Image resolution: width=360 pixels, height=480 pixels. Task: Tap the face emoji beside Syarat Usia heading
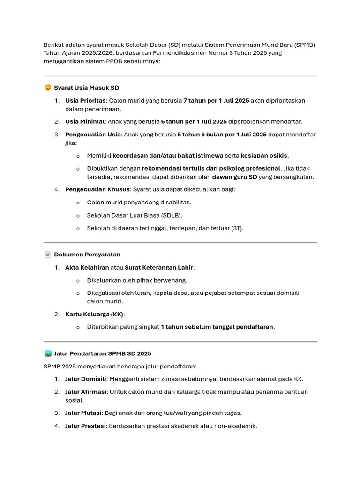(x=48, y=88)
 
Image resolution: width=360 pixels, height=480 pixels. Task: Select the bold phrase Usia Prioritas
(x=85, y=101)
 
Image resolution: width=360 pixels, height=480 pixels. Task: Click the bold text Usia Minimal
(x=85, y=121)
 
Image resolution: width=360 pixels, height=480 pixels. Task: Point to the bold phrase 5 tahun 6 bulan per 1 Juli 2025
(x=222, y=135)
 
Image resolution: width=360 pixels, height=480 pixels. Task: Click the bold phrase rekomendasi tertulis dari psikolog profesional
(x=211, y=168)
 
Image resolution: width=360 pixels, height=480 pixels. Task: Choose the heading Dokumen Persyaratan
(x=87, y=255)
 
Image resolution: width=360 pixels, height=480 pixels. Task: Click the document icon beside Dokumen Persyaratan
(x=48, y=255)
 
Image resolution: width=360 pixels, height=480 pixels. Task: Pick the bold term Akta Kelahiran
(x=87, y=267)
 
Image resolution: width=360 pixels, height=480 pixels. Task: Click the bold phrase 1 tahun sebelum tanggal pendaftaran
(x=217, y=327)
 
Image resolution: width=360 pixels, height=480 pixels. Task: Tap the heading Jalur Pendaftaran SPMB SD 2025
(x=103, y=353)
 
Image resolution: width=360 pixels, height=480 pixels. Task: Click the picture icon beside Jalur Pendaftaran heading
(x=48, y=353)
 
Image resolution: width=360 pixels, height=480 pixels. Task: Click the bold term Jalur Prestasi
(x=85, y=426)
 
